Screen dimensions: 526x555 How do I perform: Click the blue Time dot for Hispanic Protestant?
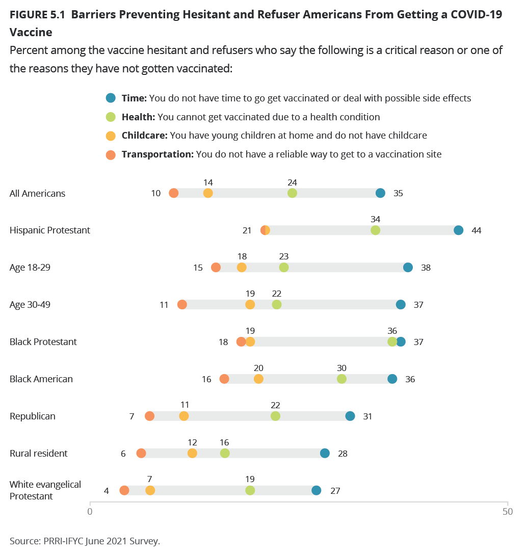pos(458,230)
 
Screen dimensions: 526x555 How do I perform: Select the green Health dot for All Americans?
pos(292,193)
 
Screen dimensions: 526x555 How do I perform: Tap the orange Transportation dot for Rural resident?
pos(141,454)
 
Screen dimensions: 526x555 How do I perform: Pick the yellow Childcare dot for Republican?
pos(183,416)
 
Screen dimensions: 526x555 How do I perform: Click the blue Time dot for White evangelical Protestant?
pos(317,491)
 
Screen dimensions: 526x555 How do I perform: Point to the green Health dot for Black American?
pos(341,379)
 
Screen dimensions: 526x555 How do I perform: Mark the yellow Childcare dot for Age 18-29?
pos(242,268)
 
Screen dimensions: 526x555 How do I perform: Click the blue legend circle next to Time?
pos(111,98)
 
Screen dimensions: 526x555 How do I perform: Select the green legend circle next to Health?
pos(111,117)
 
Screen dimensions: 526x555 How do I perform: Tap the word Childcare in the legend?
pos(144,136)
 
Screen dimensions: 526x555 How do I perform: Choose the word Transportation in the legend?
pos(157,154)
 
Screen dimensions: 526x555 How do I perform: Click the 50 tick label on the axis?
pos(508,512)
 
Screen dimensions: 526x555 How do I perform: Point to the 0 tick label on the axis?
pos(90,512)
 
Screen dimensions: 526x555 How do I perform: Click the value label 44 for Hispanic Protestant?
pos(477,230)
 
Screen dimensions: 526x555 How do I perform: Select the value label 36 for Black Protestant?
pos(392,331)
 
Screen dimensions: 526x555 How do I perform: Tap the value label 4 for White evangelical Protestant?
pos(106,491)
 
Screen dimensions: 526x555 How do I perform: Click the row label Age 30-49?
pos(30,305)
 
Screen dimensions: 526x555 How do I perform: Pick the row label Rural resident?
pos(39,454)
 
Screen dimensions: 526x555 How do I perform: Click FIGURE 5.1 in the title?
pos(37,14)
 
